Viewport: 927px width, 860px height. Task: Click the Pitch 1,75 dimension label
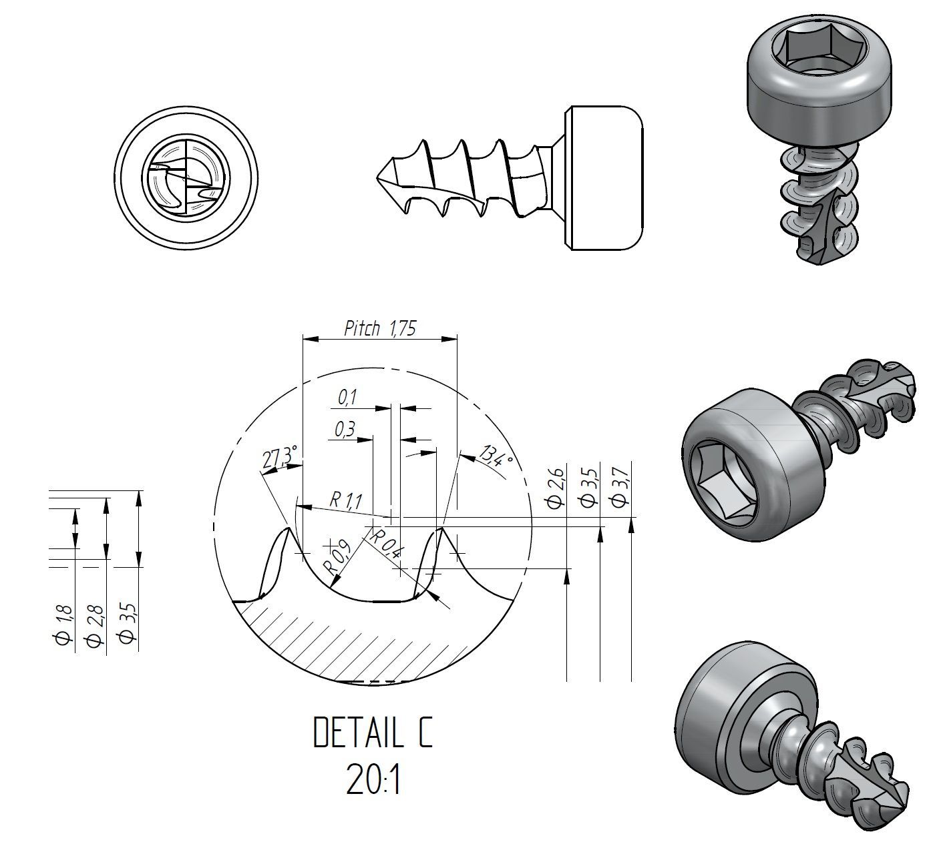point(379,328)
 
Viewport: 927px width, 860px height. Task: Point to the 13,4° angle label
point(496,456)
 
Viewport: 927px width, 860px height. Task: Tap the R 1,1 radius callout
point(346,500)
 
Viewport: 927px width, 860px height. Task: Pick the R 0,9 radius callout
point(337,557)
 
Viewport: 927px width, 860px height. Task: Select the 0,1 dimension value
point(347,398)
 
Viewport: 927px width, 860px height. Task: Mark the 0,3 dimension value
point(345,428)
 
